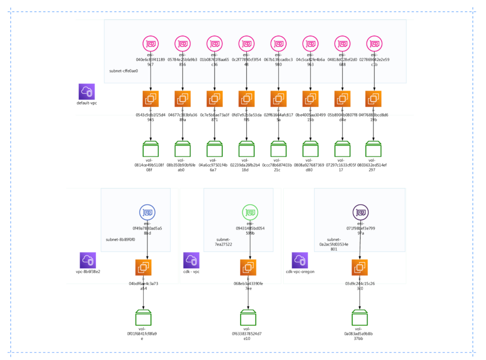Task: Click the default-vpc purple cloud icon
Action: coord(87,91)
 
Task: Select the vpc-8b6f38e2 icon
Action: coord(88,260)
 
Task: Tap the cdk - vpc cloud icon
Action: coord(191,260)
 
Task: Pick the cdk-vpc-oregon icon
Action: coord(300,260)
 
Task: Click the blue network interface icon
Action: coord(148,212)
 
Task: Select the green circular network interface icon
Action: coord(250,212)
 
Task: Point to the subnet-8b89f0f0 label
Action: coord(120,239)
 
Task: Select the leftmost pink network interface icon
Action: coord(151,44)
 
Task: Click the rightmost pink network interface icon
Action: coord(374,44)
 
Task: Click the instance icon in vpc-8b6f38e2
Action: coord(143,268)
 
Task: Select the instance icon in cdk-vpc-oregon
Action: coord(360,268)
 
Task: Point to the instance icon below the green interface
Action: coord(248,268)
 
